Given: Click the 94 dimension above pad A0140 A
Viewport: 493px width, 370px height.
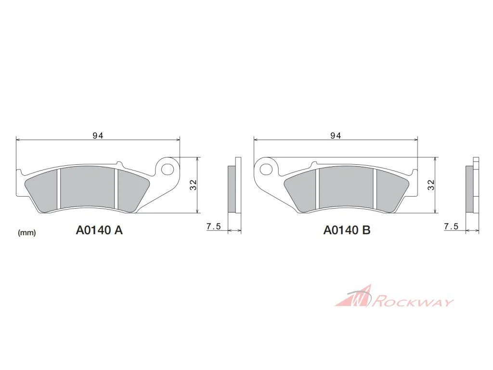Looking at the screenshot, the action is [98, 135].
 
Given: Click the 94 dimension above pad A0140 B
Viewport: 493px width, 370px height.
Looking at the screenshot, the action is [336, 135].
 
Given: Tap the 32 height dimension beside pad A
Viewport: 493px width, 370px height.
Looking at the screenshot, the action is [193, 185].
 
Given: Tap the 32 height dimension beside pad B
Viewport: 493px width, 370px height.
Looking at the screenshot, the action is [431, 185].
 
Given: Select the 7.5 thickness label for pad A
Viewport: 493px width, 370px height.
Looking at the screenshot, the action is [214, 226].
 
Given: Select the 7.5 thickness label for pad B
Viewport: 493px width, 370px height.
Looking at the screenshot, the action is [451, 226].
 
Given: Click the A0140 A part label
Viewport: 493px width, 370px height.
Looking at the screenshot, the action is [99, 230].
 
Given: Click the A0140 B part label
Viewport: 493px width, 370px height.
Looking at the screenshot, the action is [347, 230].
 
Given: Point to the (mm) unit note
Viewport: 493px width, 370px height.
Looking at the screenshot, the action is [27, 233].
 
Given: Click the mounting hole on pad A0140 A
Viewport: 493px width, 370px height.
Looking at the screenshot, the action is [167, 169].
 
